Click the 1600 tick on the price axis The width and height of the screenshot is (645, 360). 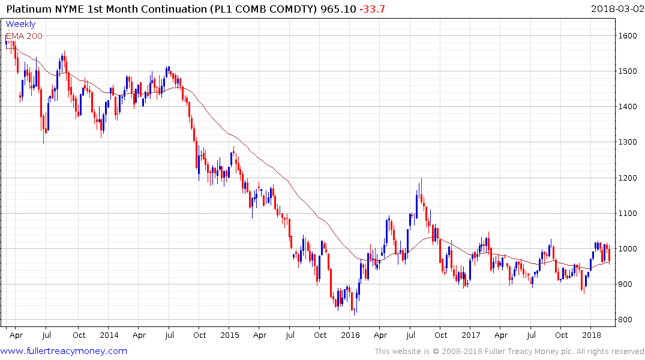tap(629, 36)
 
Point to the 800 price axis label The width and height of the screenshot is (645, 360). tap(626, 320)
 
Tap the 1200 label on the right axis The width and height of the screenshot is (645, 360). tap(629, 178)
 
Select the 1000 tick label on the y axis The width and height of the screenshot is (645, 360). tap(629, 249)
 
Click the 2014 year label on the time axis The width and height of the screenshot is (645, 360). tap(109, 335)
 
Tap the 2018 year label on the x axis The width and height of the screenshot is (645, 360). tap(592, 335)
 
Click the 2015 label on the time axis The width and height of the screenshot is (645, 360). tap(229, 335)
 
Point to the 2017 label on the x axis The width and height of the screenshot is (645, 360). tap(471, 335)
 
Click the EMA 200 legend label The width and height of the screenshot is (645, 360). tap(24, 36)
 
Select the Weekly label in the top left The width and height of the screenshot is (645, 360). tap(20, 25)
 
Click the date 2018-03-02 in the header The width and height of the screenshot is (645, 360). tap(616, 8)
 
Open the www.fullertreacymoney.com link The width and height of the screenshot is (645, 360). tap(64, 351)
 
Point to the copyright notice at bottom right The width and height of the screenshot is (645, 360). tap(509, 352)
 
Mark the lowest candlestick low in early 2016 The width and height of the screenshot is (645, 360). tap(355, 314)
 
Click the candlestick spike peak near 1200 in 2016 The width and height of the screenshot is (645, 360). tap(421, 178)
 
